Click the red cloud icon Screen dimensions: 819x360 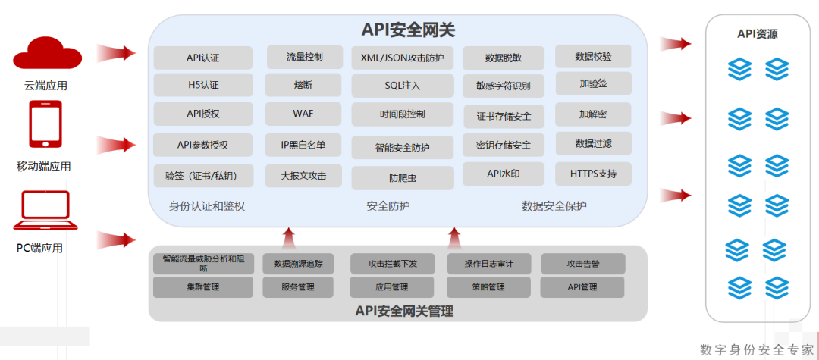click(48, 53)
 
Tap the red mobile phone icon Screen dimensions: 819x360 click(45, 124)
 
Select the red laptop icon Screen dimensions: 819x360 click(45, 211)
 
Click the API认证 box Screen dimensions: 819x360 click(203, 58)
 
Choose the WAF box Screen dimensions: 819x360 click(303, 114)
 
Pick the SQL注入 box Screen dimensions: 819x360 click(402, 86)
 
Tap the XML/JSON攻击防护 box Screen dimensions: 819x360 click(402, 58)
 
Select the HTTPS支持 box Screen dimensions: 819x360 click(593, 174)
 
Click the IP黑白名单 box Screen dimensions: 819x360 click(303, 145)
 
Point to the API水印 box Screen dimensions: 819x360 click(504, 174)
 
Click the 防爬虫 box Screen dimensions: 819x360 click(402, 178)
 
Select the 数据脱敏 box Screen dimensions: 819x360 click(504, 58)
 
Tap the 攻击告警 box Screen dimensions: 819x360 click(583, 264)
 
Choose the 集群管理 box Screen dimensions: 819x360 click(203, 287)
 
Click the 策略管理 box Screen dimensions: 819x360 click(489, 287)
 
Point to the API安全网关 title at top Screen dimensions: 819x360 click(409, 30)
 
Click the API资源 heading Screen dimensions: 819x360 click(758, 34)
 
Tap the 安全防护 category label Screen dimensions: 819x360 click(388, 205)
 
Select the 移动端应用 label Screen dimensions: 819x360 click(44, 167)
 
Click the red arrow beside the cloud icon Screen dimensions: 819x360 click(117, 52)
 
